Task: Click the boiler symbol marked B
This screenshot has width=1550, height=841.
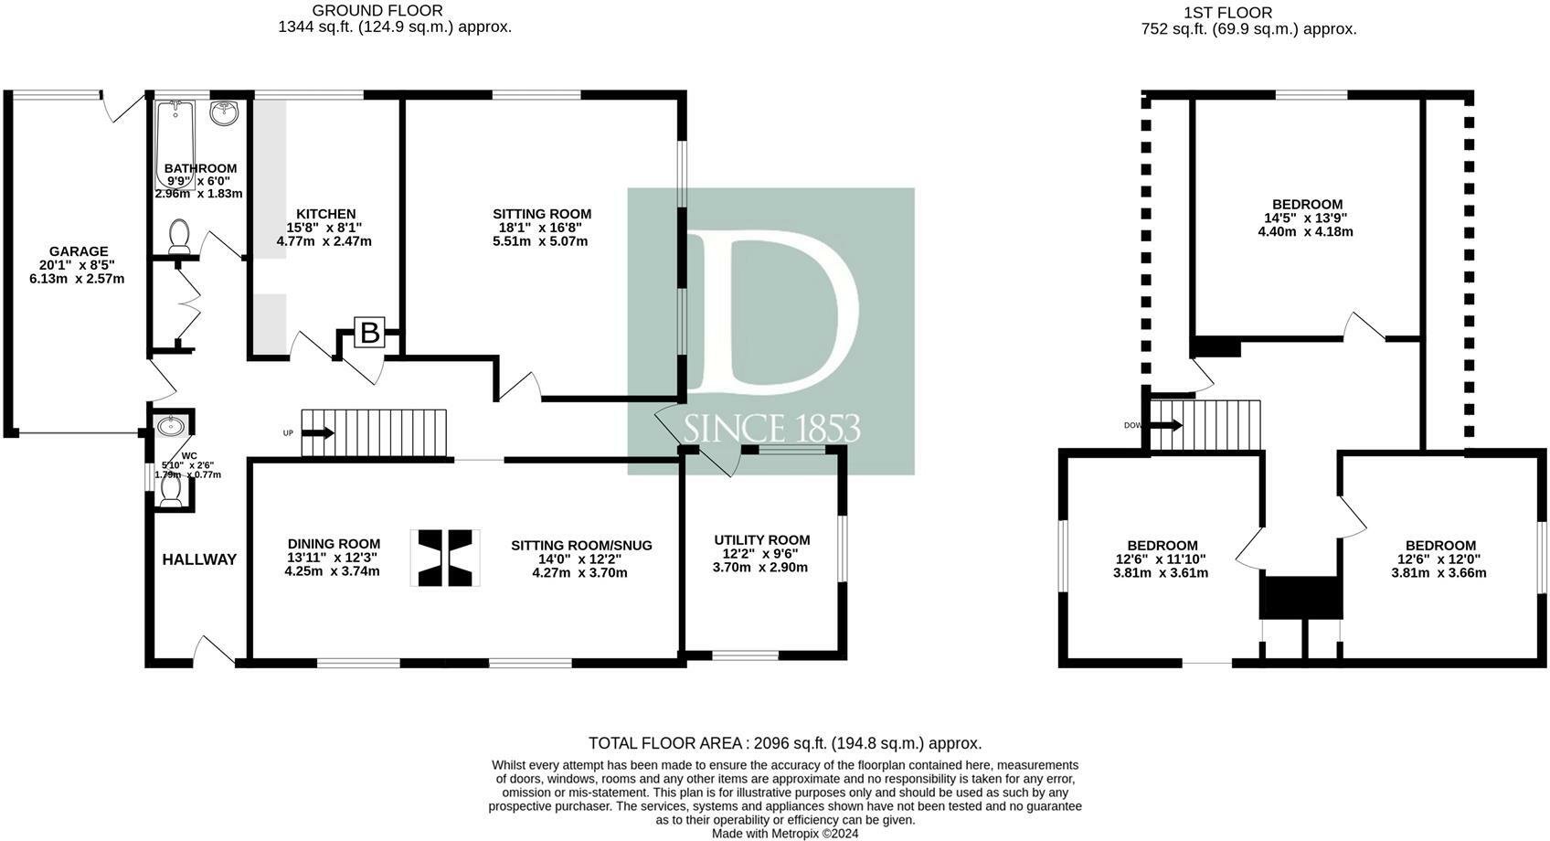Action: [x=369, y=333]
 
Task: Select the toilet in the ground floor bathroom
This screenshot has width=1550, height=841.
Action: [x=179, y=237]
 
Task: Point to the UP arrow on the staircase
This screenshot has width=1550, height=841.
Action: [x=318, y=433]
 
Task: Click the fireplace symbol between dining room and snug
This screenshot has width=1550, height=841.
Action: [x=446, y=558]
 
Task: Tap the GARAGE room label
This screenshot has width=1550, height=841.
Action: [x=79, y=251]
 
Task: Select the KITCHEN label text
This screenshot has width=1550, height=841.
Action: [x=325, y=214]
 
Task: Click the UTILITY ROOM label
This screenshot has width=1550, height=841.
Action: [x=761, y=540]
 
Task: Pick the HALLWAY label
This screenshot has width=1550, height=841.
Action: [x=199, y=559]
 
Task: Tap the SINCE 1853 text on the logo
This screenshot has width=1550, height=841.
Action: [x=771, y=428]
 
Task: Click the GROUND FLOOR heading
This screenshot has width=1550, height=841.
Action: [x=377, y=11]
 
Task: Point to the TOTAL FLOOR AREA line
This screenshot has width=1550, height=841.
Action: [x=784, y=743]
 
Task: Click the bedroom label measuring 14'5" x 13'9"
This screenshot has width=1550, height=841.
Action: [x=1307, y=205]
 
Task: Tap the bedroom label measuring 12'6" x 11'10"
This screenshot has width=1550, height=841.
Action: [x=1162, y=546]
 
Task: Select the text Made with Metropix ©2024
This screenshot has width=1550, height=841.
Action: [x=785, y=833]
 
